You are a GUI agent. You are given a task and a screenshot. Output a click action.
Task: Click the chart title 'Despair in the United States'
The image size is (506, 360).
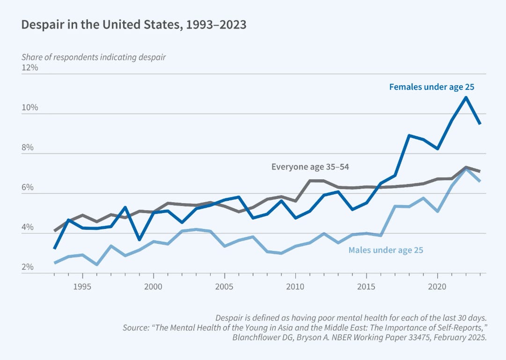tap(134, 25)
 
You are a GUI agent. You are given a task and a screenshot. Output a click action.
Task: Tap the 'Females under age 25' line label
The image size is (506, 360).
tap(432, 87)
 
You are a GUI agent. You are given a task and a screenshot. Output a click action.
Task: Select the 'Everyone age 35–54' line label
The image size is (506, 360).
tap(310, 166)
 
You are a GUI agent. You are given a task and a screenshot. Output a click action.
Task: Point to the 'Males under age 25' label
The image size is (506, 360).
tap(385, 250)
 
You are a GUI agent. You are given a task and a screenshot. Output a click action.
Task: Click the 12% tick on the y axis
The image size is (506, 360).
tap(29, 67)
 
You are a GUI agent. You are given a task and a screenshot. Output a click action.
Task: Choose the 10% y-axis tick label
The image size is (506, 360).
tap(29, 108)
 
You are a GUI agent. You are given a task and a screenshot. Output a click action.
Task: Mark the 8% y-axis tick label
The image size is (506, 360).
tap(29, 148)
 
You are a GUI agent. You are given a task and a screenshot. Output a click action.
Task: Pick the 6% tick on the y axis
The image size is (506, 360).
tap(29, 188)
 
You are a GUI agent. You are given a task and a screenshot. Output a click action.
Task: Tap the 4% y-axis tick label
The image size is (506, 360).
tap(29, 228)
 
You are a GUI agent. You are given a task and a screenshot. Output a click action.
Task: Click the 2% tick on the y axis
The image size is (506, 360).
tap(29, 267)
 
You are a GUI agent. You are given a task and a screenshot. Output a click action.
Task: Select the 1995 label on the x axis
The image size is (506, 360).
tap(82, 286)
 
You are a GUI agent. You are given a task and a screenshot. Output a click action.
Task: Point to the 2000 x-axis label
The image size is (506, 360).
tap(154, 286)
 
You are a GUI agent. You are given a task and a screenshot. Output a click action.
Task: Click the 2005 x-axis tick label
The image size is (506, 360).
tap(225, 286)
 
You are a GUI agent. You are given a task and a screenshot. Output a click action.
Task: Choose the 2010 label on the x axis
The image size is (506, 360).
tap(295, 286)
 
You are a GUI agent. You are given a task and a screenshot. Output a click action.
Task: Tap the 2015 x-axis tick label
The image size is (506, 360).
tap(367, 286)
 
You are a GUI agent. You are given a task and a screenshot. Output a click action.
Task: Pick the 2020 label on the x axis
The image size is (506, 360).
tap(438, 286)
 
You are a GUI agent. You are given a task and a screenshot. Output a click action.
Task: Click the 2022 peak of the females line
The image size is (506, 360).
tap(466, 97)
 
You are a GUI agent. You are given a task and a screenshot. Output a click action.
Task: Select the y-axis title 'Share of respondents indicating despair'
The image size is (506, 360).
tap(94, 57)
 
